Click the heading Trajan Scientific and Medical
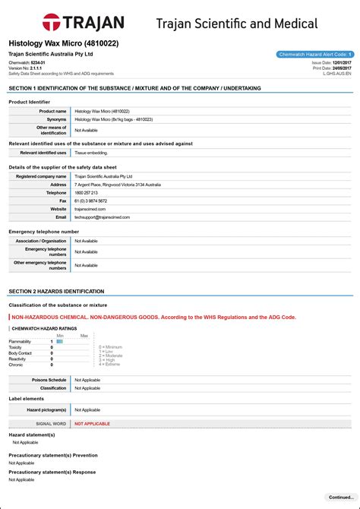coord(237,24)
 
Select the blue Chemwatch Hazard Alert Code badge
coord(314,55)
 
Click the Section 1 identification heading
coord(134,88)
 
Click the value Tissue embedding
coord(90,153)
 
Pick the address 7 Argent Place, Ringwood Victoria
coord(118,185)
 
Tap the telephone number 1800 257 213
coord(86,193)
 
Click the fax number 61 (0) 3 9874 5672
coord(90,201)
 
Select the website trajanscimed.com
coord(90,209)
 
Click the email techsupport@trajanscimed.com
coord(102,217)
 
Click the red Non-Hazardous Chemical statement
coord(153,317)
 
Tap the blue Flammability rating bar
coord(59,342)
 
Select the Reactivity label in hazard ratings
coord(18,359)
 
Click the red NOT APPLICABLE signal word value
coord(92,423)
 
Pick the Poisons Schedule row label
coord(49,379)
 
